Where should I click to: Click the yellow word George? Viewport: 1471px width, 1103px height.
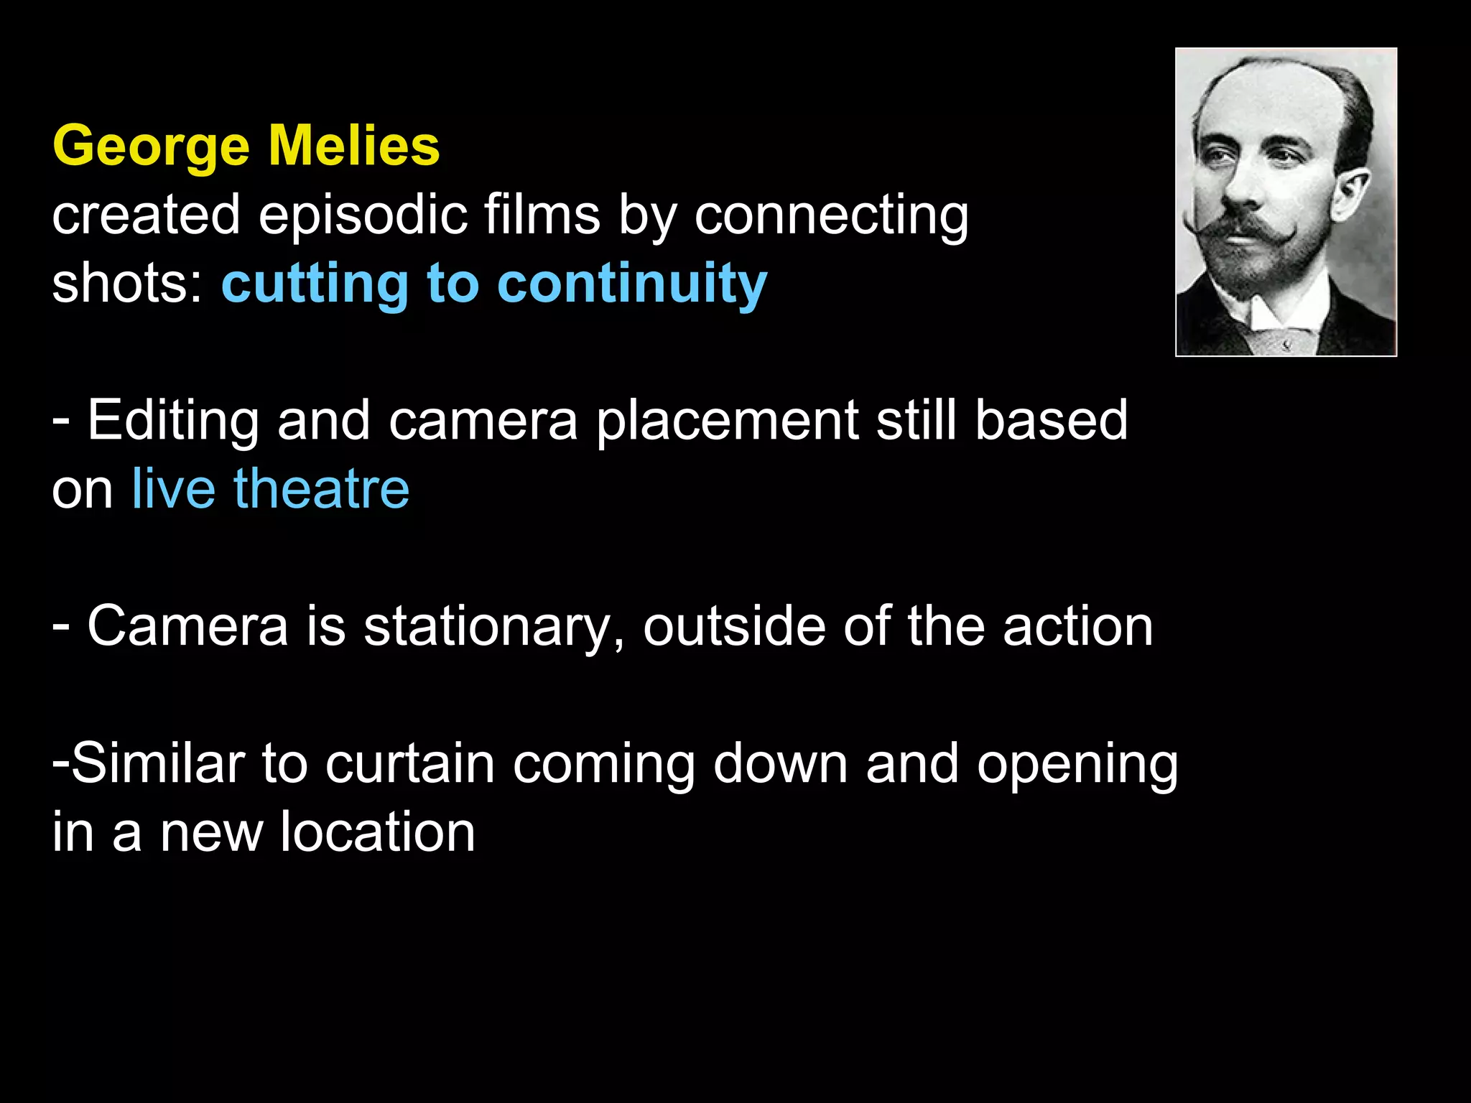click(151, 146)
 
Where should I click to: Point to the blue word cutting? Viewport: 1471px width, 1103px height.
click(315, 283)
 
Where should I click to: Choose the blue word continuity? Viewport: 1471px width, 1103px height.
click(632, 283)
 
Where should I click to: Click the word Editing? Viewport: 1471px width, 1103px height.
click(172, 421)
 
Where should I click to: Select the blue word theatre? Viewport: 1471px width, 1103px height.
click(321, 489)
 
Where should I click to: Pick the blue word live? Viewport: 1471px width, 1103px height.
click(173, 489)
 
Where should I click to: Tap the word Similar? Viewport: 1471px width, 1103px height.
click(157, 763)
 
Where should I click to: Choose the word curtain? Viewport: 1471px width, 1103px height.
click(409, 763)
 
